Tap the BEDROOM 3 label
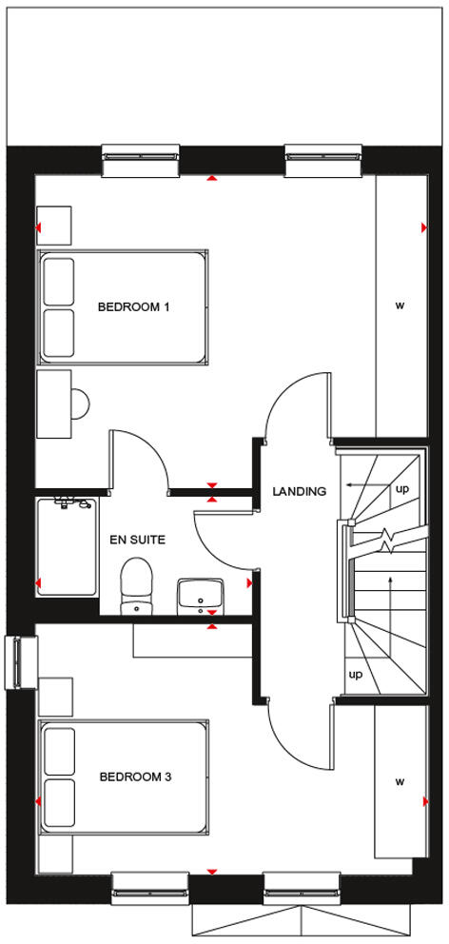click(x=135, y=777)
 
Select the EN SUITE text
click(x=138, y=540)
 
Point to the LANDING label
click(x=299, y=492)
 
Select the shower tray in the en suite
click(x=67, y=547)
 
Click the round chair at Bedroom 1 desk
click(x=80, y=404)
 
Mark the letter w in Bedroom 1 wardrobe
click(x=400, y=305)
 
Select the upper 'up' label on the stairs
click(x=402, y=488)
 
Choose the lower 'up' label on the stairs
click(x=356, y=675)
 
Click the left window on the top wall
click(x=140, y=160)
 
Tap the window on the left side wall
click(x=21, y=661)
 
